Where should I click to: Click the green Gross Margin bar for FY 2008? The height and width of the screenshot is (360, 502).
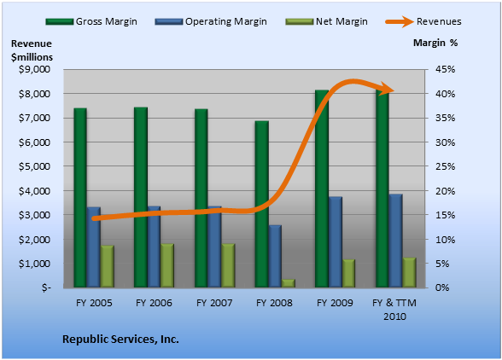click(x=261, y=204)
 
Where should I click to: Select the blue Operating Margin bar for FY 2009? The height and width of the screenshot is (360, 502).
click(x=336, y=242)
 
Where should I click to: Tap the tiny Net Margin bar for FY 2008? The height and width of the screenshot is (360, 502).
click(x=289, y=283)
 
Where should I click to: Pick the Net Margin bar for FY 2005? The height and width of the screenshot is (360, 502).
click(x=108, y=266)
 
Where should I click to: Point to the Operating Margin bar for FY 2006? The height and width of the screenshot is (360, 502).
click(x=154, y=247)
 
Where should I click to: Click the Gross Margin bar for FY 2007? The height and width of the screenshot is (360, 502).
click(x=201, y=198)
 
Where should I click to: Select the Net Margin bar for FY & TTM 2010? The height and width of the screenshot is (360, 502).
click(x=409, y=272)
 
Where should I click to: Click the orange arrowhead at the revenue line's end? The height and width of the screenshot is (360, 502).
click(x=387, y=89)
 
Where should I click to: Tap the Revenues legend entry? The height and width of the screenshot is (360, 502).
click(x=423, y=21)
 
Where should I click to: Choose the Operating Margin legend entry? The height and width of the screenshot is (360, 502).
click(x=211, y=21)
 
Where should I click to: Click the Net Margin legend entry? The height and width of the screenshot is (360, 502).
click(x=326, y=21)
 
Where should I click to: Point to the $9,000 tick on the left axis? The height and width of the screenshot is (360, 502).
click(x=34, y=69)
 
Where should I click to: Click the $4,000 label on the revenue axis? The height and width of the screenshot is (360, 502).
click(x=34, y=191)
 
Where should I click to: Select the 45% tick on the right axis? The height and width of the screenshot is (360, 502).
click(x=445, y=69)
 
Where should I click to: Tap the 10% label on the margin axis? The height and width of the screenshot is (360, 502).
click(x=445, y=240)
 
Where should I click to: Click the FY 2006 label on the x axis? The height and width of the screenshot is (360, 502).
click(x=154, y=303)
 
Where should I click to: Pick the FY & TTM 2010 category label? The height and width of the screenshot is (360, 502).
click(x=394, y=310)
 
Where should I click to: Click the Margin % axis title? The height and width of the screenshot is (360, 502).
click(x=435, y=43)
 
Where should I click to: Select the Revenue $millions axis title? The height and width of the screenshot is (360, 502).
click(x=32, y=50)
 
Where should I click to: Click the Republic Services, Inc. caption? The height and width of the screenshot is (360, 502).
click(x=120, y=339)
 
